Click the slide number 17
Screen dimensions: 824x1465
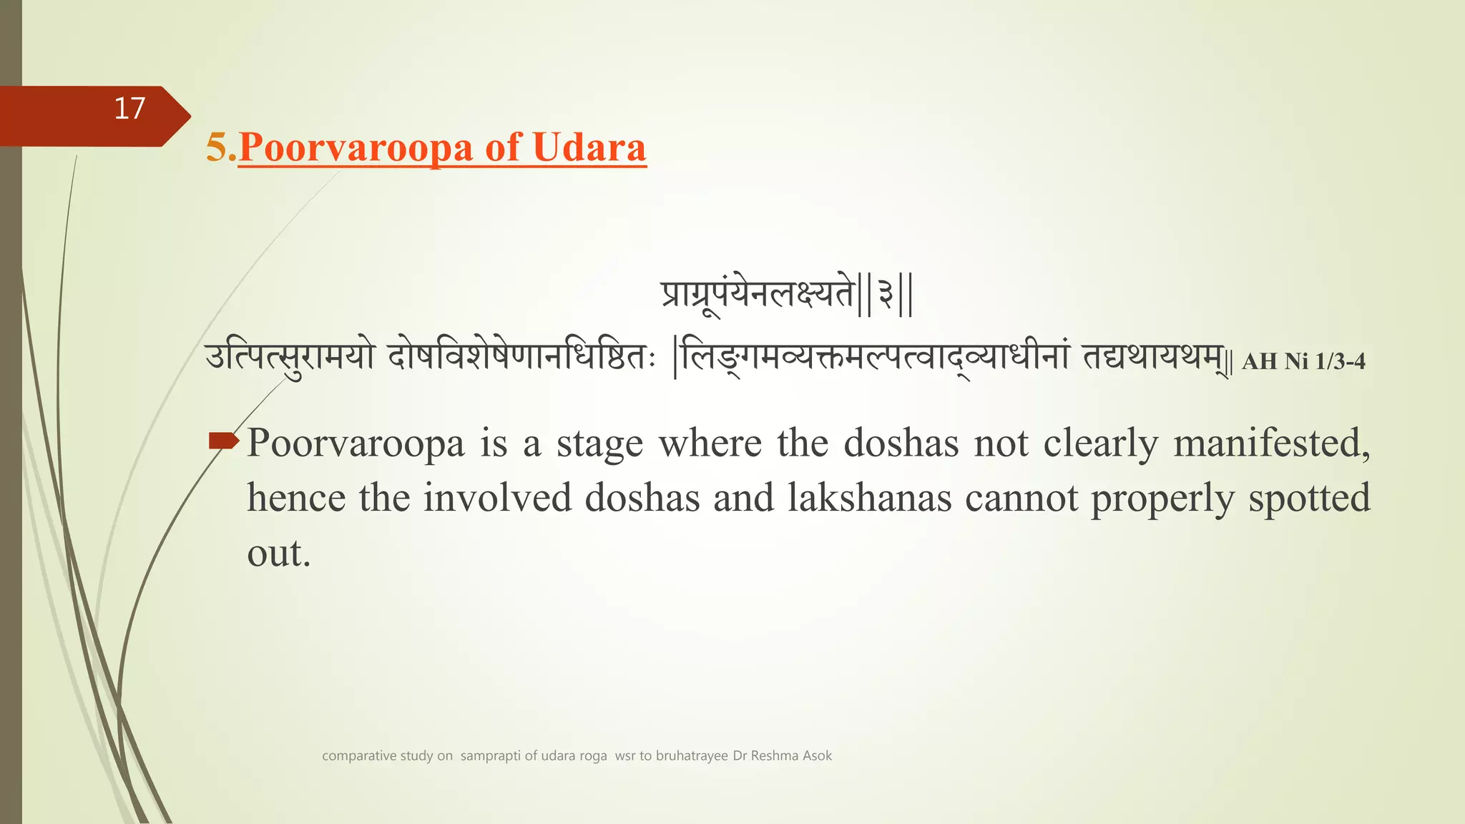coord(129,109)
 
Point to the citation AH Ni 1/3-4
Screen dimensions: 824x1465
coord(1303,361)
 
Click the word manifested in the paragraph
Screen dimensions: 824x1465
coord(1271,443)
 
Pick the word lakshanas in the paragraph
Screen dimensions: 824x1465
coord(869,498)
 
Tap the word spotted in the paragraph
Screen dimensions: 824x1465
coord(1308,498)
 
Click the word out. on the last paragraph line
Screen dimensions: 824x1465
coord(279,554)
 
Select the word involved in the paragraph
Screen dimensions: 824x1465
coord(497,498)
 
